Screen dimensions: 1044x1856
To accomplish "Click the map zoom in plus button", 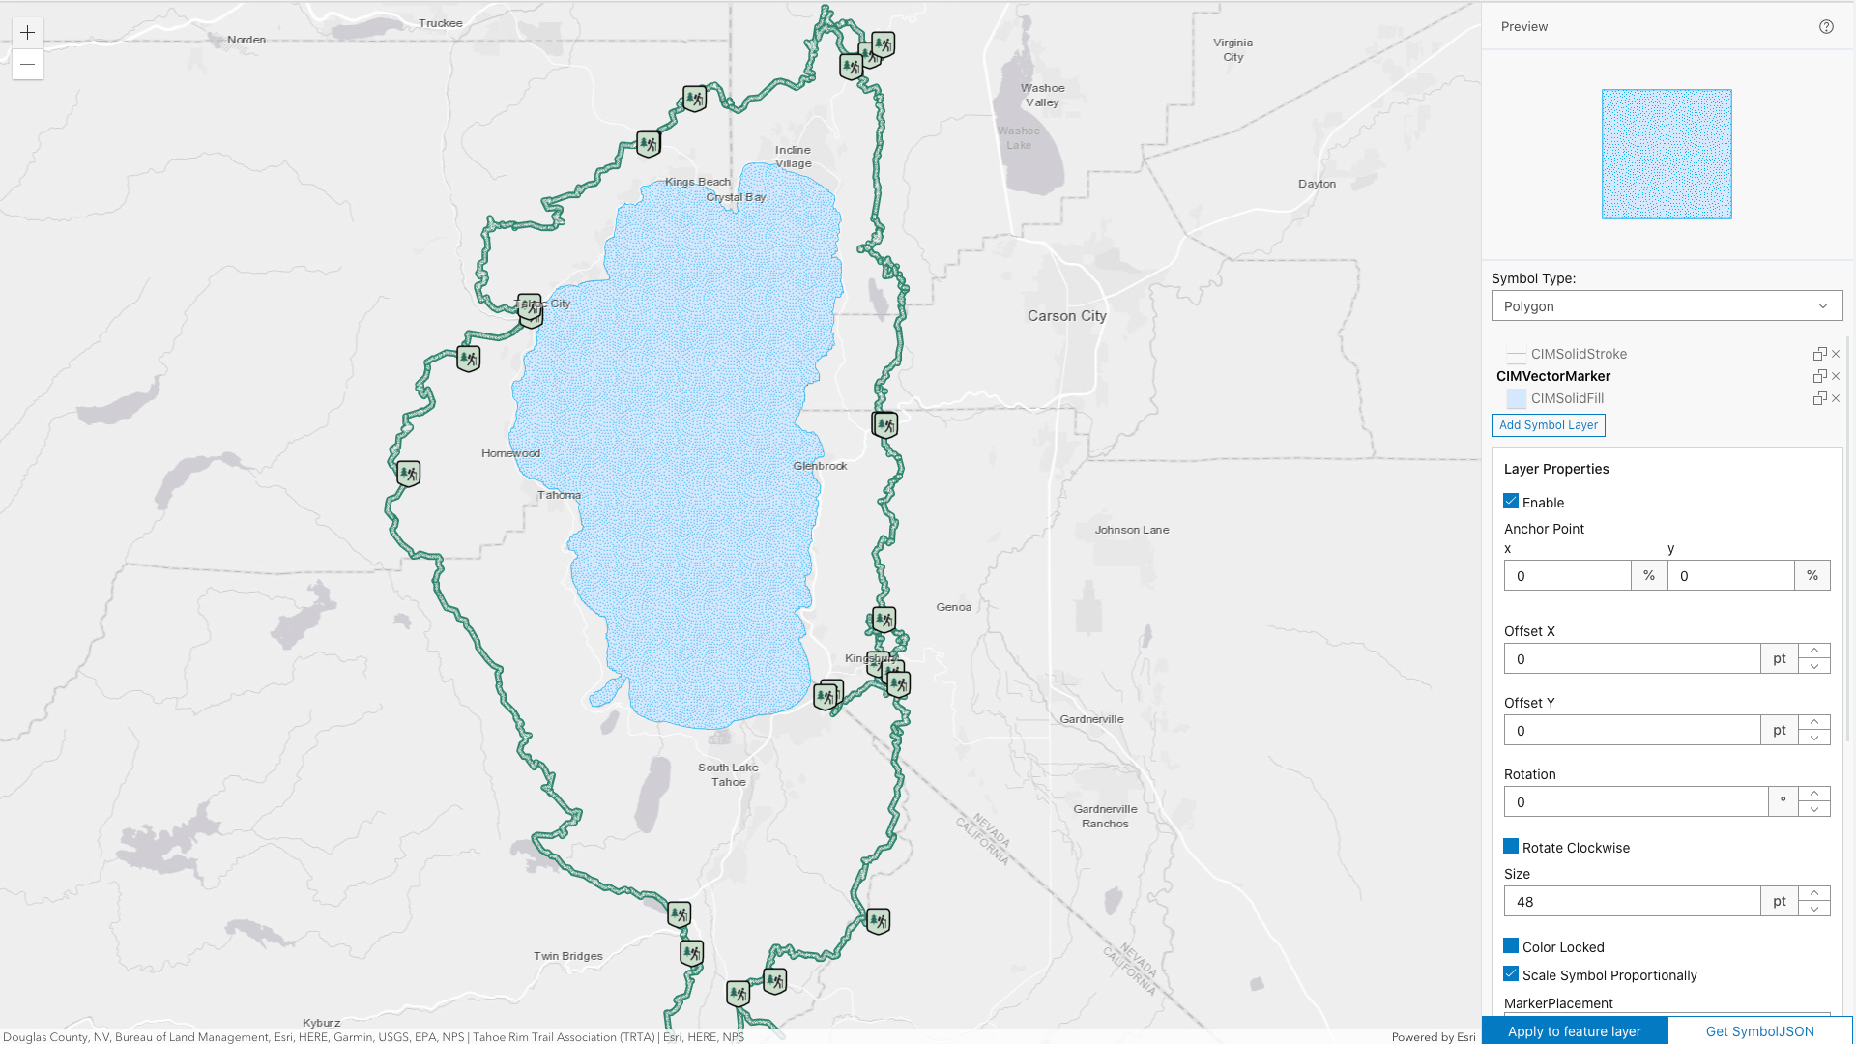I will tap(28, 33).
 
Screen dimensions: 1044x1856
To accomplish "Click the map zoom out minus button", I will tap(28, 65).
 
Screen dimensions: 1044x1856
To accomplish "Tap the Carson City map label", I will tap(1066, 316).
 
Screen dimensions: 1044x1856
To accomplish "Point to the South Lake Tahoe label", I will tap(728, 774).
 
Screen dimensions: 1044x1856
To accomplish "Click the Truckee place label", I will tap(441, 23).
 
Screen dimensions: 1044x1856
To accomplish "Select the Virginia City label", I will tap(1232, 49).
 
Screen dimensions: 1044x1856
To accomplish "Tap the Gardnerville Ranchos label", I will tap(1105, 816).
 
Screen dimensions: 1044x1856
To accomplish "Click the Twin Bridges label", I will tap(567, 956).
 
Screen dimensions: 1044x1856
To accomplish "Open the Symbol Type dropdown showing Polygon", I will tap(1666, 306).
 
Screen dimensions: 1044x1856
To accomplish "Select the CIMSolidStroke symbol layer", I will tap(1578, 354).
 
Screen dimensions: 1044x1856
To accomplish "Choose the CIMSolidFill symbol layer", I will tap(1566, 398).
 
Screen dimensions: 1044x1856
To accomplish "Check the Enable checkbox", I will tap(1511, 502).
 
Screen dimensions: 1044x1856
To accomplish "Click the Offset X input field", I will tap(1631, 659).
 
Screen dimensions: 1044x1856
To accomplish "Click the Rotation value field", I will tap(1635, 802).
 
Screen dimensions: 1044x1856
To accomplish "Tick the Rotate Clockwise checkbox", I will tap(1511, 847).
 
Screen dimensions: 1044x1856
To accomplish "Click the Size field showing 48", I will tap(1631, 902).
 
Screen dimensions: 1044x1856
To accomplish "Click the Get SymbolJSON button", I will tap(1759, 1031).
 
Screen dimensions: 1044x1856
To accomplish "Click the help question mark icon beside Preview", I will tap(1826, 27).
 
